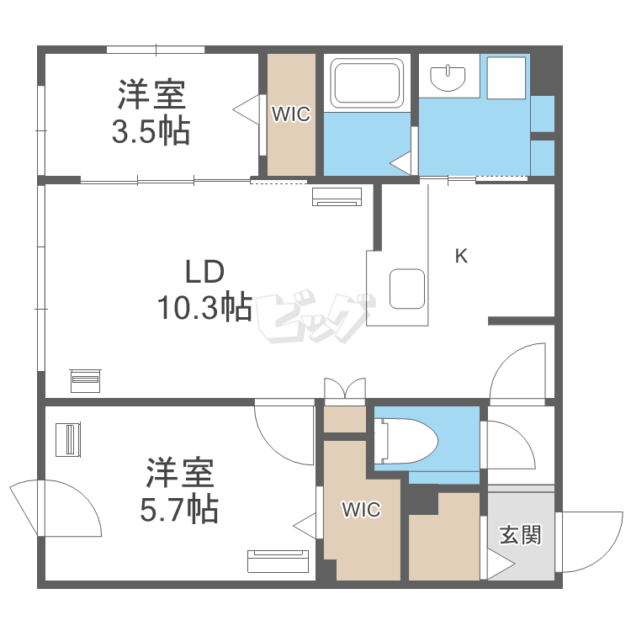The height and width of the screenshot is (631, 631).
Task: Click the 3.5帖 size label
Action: [x=151, y=133]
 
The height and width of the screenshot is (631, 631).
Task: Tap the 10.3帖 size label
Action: [x=204, y=309]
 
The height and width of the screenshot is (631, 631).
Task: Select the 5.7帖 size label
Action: [x=180, y=508]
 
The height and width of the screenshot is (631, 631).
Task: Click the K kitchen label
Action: [x=460, y=257]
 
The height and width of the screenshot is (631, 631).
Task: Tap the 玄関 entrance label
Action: [x=520, y=534]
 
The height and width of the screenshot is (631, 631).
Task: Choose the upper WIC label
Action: [x=290, y=115]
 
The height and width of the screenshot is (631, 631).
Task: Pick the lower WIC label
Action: [x=360, y=509]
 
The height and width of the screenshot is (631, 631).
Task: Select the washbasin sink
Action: [x=448, y=78]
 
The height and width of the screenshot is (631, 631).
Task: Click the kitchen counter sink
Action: [x=408, y=289]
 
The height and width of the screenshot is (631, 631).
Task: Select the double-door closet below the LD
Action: [x=345, y=390]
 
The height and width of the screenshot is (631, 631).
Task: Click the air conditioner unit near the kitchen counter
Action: [x=337, y=197]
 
